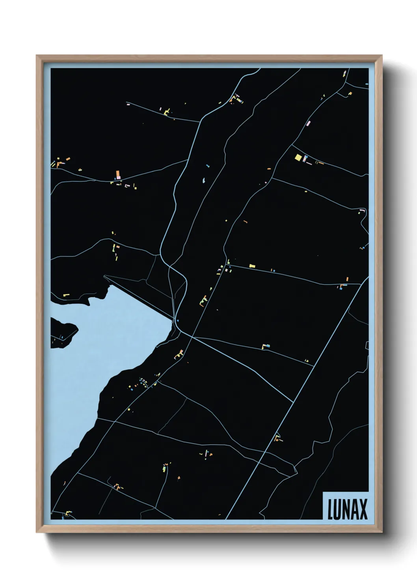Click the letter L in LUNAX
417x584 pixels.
(330, 509)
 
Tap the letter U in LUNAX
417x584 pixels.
(338, 509)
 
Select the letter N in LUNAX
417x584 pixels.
(346, 509)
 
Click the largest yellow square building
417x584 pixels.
(298, 157)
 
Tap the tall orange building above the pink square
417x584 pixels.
(117, 174)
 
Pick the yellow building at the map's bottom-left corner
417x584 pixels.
(68, 513)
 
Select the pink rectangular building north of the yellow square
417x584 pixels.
(309, 123)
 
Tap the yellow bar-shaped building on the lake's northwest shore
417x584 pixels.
(65, 294)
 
